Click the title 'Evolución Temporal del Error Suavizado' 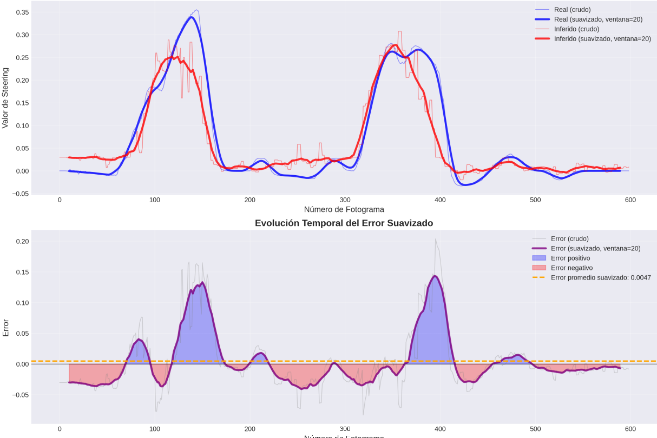pyautogui.click(x=344, y=223)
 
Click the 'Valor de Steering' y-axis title pyautogui.click(x=5, y=98)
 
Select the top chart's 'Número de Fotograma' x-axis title pyautogui.click(x=344, y=209)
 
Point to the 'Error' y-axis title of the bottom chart pyautogui.click(x=5, y=328)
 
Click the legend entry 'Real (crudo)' pyautogui.click(x=572, y=10)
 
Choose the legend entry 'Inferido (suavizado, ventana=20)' pyautogui.click(x=602, y=39)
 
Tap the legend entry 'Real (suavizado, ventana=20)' pyautogui.click(x=598, y=19)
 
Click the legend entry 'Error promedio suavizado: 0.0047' pyautogui.click(x=601, y=277)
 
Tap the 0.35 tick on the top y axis pyautogui.click(x=22, y=12)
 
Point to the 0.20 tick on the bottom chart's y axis pyautogui.click(x=22, y=241)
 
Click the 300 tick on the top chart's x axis pyautogui.click(x=345, y=200)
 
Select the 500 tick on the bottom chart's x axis pyautogui.click(x=535, y=429)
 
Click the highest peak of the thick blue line pyautogui.click(x=191, y=17)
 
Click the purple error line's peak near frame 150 pyautogui.click(x=202, y=282)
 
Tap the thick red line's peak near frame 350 pyautogui.click(x=396, y=45)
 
